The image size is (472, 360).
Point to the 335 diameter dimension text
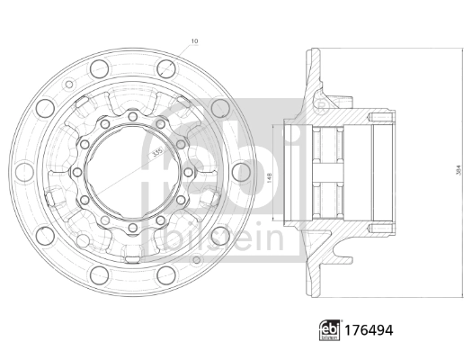click(x=158, y=155)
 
